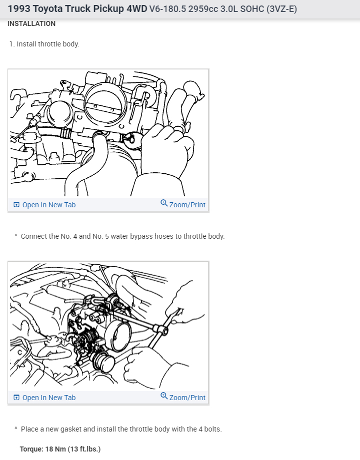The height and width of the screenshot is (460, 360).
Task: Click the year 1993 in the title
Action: pos(19,9)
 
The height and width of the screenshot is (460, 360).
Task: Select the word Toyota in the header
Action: pos(47,9)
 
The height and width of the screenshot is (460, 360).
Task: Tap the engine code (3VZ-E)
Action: pos(281,9)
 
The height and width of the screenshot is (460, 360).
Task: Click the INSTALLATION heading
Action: pos(31,24)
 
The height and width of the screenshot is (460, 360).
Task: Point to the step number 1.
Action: pos(11,44)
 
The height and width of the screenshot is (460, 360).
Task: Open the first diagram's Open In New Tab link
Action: pos(44,205)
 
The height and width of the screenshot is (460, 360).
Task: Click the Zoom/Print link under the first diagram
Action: pos(183,204)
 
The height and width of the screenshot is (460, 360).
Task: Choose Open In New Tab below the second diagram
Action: pos(44,398)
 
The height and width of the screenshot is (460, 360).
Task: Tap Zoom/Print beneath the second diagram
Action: pos(183,397)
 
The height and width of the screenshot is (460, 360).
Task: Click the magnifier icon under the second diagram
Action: pos(164,396)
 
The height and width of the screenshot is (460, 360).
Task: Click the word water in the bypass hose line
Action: pos(119,236)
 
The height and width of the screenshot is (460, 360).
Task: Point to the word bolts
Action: pos(213,429)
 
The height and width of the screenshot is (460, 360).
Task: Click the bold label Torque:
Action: pos(31,449)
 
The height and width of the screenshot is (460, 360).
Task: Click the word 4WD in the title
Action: pos(137,9)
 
